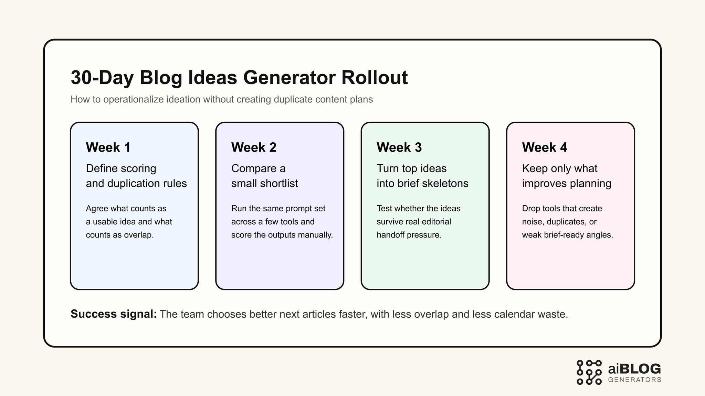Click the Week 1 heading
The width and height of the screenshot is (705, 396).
tap(108, 147)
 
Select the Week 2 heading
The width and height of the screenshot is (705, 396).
tap(254, 147)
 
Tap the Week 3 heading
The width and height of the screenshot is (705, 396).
tap(399, 147)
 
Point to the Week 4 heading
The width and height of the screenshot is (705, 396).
tap(544, 147)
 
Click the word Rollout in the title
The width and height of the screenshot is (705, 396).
tap(375, 78)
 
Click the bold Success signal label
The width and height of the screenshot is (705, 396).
tap(114, 314)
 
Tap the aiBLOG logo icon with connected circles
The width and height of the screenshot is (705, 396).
tap(589, 372)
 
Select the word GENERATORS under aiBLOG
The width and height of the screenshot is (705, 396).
tap(635, 380)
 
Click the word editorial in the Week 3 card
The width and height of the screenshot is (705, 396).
tap(435, 222)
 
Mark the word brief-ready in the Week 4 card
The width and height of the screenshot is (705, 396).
tap(564, 235)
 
